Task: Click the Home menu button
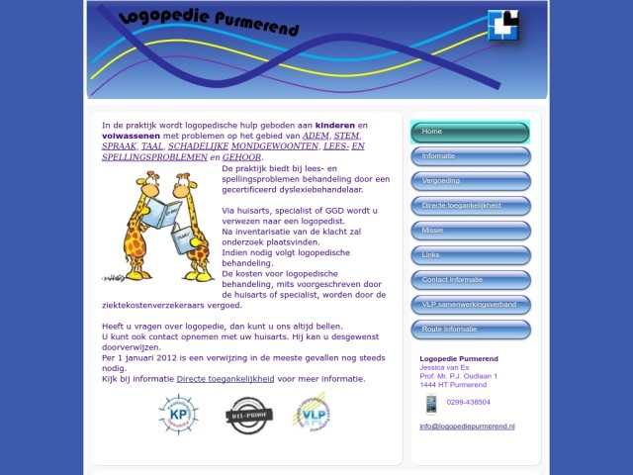470,132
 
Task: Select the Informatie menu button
470,156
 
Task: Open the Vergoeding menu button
470,181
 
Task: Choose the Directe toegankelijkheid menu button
470,206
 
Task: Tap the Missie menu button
470,231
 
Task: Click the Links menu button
470,255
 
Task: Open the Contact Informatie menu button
470,280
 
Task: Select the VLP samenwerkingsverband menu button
470,305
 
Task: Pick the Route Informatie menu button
470,330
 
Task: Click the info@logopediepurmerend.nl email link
467,427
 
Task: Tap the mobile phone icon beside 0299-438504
430,403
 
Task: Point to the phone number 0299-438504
469,403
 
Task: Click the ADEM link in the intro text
315,136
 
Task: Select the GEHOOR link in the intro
241,157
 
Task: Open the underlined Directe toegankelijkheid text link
225,379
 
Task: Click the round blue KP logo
178,414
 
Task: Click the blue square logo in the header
503,25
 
